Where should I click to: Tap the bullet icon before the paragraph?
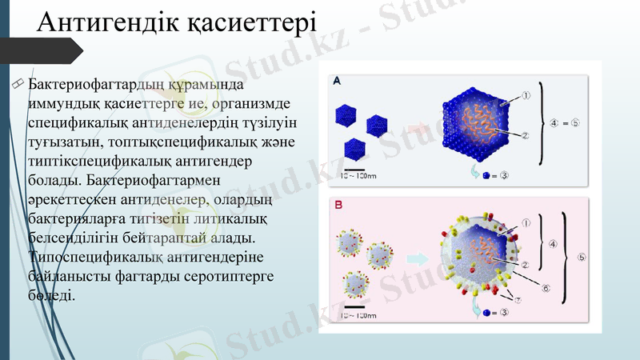[x=17, y=84]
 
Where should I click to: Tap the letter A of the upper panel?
[x=337, y=82]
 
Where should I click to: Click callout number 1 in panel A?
[x=527, y=95]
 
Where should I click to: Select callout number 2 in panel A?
[x=526, y=134]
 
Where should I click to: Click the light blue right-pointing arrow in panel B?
[x=416, y=258]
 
